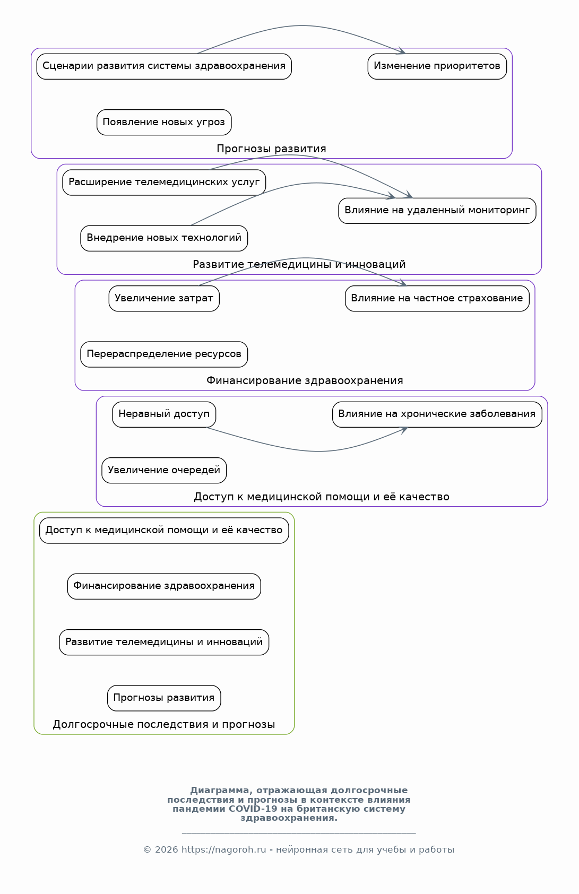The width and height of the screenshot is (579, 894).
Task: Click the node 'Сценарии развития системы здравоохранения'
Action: (164, 66)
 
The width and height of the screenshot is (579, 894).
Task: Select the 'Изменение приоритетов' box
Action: (437, 66)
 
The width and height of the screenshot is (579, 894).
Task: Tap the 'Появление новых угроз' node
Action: (164, 122)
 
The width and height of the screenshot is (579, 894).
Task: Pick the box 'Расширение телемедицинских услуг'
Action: (164, 183)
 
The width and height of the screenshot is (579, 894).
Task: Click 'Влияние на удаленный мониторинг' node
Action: (437, 210)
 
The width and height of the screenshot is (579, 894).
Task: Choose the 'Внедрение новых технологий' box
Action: (164, 238)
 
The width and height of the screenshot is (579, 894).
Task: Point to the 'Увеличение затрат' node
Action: (164, 299)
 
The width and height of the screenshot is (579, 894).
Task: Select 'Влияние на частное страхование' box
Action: (437, 299)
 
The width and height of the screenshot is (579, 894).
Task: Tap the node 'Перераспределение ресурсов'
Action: (164, 354)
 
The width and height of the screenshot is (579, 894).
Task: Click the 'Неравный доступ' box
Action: (164, 414)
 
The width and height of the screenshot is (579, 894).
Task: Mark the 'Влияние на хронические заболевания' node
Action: (437, 414)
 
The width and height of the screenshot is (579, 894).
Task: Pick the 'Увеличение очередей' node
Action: (164, 470)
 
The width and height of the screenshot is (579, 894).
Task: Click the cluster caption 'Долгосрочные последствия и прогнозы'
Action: (164, 724)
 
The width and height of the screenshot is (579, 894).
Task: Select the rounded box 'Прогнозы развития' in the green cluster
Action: (164, 698)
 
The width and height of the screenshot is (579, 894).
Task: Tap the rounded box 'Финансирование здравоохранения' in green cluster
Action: (164, 586)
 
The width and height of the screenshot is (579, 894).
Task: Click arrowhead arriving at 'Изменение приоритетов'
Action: (402, 51)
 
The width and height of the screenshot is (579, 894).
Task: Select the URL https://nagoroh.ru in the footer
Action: (223, 850)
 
